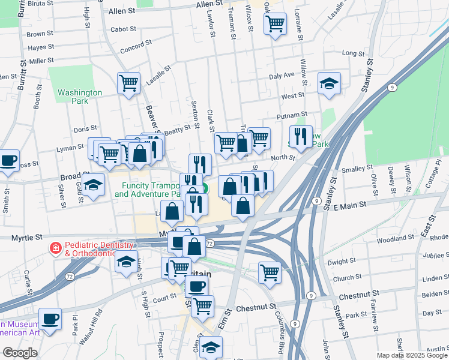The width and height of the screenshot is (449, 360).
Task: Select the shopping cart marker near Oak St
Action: [x=275, y=25]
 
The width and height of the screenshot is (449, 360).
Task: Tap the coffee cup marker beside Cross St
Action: [x=8, y=161]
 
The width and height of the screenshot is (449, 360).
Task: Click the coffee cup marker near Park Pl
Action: [x=50, y=319]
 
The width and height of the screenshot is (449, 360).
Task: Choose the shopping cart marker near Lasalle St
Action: [x=129, y=83]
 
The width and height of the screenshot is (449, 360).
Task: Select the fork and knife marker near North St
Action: [x=301, y=136]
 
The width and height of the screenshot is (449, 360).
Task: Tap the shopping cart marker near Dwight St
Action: [x=270, y=272]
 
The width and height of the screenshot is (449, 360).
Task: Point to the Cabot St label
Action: [x=124, y=29]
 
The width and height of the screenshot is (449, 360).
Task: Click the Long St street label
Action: [x=349, y=53]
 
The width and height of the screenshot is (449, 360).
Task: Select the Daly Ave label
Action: [x=282, y=76]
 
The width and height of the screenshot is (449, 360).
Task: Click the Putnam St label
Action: [x=292, y=114]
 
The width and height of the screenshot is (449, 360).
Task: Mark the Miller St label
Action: [x=41, y=61]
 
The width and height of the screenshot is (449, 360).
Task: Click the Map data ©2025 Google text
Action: [x=412, y=355]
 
